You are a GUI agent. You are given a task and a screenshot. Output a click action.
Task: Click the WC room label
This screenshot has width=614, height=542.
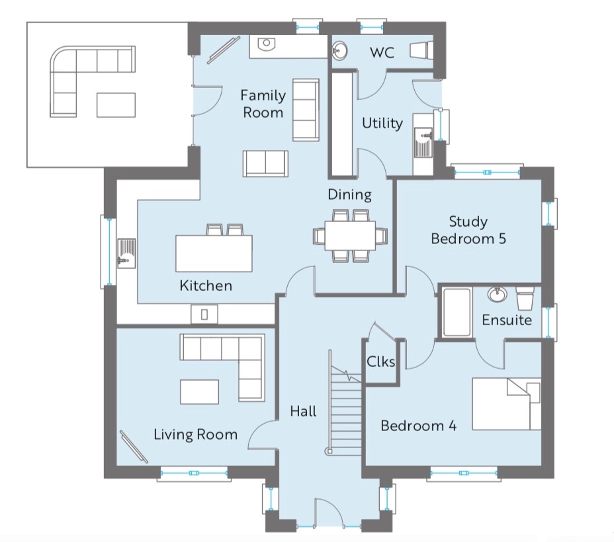(x=382, y=53)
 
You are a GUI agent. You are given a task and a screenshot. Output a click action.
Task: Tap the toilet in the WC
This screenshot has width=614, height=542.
(x=421, y=50)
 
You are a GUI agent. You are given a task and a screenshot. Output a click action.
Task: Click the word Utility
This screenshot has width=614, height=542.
(x=382, y=124)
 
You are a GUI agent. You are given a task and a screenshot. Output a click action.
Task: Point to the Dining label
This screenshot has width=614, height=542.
(x=350, y=194)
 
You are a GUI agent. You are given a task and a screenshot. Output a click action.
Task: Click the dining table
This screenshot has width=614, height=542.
(x=350, y=236)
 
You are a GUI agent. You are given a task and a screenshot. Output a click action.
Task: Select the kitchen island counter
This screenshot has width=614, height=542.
(x=214, y=253)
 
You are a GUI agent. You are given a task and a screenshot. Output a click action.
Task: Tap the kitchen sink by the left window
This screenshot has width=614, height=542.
(x=126, y=254)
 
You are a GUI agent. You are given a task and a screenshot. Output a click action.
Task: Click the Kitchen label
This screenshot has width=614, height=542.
(x=206, y=286)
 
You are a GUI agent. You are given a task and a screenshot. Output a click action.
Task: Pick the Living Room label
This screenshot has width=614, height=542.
(x=195, y=434)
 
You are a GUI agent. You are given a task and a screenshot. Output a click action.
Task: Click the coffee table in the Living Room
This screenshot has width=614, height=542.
(x=199, y=391)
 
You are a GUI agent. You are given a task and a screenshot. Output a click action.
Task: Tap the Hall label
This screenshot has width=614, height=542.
(x=304, y=411)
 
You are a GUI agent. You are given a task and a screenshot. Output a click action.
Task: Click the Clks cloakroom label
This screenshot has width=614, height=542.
(x=380, y=362)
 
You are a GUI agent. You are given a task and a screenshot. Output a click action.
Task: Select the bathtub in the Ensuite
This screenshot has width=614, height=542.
(x=457, y=312)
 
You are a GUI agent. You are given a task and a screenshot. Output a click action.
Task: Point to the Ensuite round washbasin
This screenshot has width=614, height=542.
(x=498, y=294)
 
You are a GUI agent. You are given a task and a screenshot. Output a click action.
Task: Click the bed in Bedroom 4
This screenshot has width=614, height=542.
(x=507, y=404)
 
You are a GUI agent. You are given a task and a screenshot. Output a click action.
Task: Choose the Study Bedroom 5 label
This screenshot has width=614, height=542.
(x=468, y=230)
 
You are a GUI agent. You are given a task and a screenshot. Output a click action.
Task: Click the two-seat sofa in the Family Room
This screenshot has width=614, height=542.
(x=265, y=163)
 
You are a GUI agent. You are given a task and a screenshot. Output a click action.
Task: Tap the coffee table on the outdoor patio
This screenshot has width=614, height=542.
(x=116, y=105)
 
